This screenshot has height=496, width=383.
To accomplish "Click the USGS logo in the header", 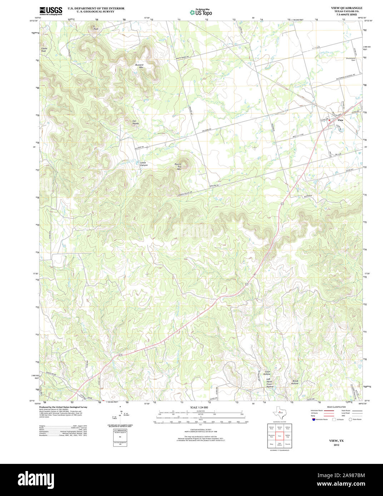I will (51, 10).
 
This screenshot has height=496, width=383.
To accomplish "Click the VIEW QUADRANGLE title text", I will (342, 8).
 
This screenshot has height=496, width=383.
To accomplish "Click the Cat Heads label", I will (135, 122).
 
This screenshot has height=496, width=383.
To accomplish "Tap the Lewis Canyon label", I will (143, 164).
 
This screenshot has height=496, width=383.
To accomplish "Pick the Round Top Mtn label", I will (178, 167).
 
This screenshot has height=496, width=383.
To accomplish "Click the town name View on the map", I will (340, 120).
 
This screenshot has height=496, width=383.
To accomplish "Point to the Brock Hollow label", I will (295, 382).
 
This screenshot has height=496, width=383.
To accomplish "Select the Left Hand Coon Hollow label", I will (269, 384).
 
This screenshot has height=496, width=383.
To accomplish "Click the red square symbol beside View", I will (329, 120).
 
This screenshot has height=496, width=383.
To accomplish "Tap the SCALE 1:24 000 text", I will (199, 408).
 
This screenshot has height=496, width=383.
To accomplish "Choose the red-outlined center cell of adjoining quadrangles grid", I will (279, 436).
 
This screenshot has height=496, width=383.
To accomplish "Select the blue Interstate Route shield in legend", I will (313, 419).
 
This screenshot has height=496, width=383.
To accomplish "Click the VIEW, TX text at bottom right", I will (336, 441).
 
